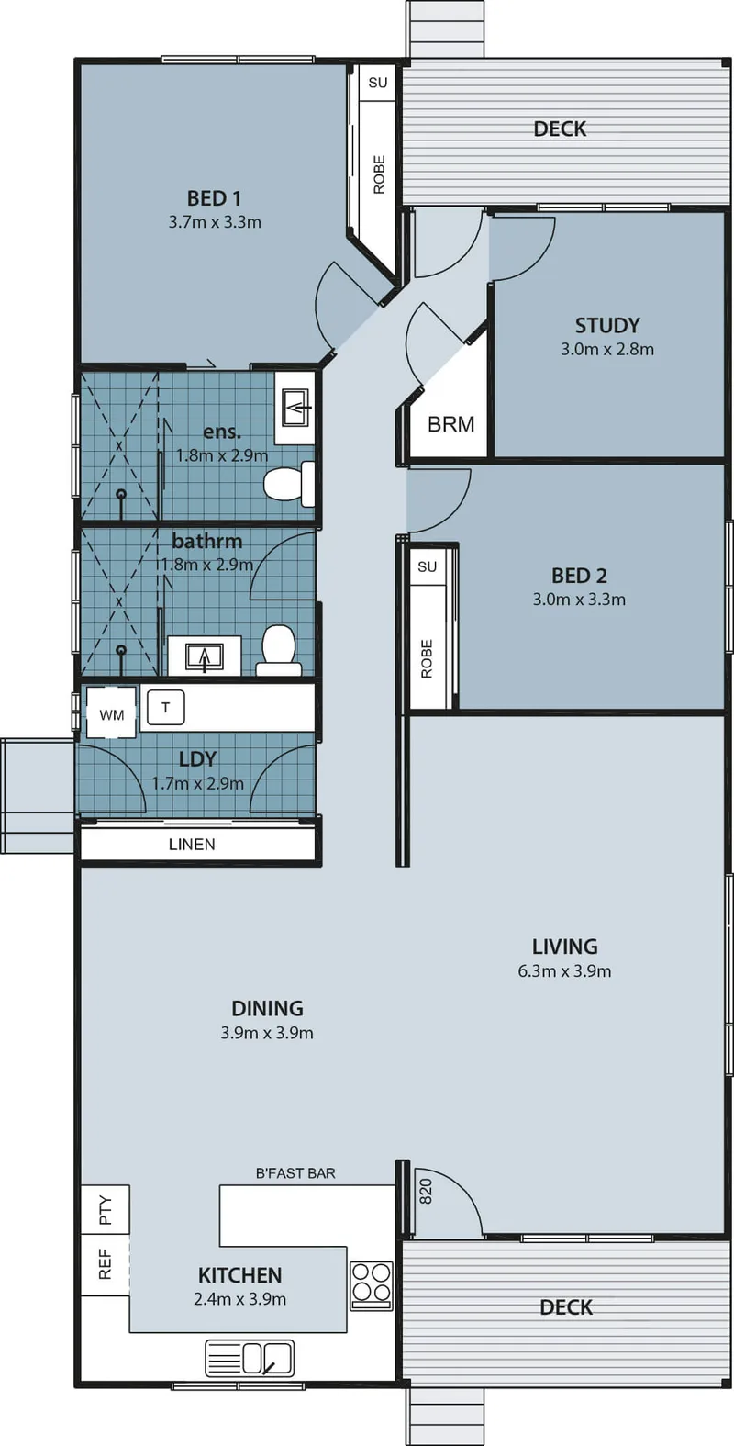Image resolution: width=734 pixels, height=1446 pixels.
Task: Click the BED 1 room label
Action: (x=214, y=198)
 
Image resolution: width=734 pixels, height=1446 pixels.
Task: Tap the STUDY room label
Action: (x=607, y=325)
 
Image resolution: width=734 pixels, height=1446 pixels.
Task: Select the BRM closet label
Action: (x=450, y=424)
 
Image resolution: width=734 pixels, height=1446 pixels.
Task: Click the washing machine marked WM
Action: (x=112, y=712)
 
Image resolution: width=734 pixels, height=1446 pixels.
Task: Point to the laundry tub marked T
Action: (x=166, y=708)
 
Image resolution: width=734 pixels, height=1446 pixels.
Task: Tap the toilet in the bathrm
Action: (x=279, y=650)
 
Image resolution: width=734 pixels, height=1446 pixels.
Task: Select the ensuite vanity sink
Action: (x=295, y=408)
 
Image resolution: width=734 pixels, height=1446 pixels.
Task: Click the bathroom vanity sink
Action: (x=205, y=656)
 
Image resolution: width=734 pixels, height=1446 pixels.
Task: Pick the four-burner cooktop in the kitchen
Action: (x=372, y=1282)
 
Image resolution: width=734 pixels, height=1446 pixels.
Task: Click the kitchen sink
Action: (x=250, y=1358)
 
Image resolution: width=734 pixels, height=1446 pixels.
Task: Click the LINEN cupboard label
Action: (x=192, y=845)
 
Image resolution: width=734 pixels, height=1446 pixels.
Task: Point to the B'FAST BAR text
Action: (x=295, y=1173)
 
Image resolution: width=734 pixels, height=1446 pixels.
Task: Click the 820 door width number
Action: (x=426, y=1192)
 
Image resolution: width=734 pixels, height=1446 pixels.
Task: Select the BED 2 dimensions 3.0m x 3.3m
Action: (x=579, y=600)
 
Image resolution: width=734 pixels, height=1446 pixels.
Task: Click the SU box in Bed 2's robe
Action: (x=427, y=566)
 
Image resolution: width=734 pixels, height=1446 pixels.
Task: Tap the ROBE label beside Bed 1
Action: (x=379, y=174)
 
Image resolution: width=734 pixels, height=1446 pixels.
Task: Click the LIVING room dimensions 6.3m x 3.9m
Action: (x=564, y=971)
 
